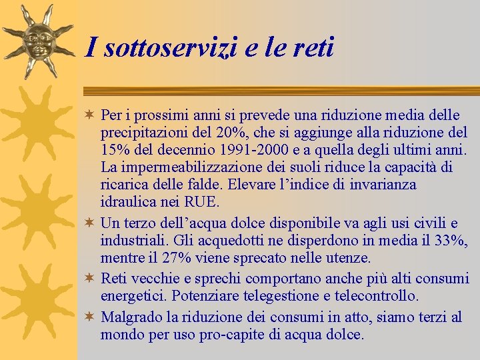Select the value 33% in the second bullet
pyautogui.click(x=451, y=240)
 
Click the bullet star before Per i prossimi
pyautogui.click(x=91, y=115)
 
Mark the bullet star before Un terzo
pyautogui.click(x=91, y=223)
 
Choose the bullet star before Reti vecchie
pyautogui.click(x=91, y=278)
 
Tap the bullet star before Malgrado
pyautogui.click(x=91, y=317)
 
